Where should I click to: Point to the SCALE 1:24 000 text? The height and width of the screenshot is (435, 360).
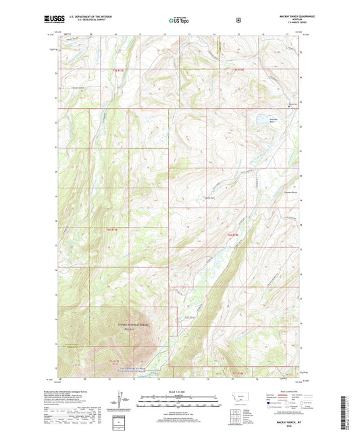180,392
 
